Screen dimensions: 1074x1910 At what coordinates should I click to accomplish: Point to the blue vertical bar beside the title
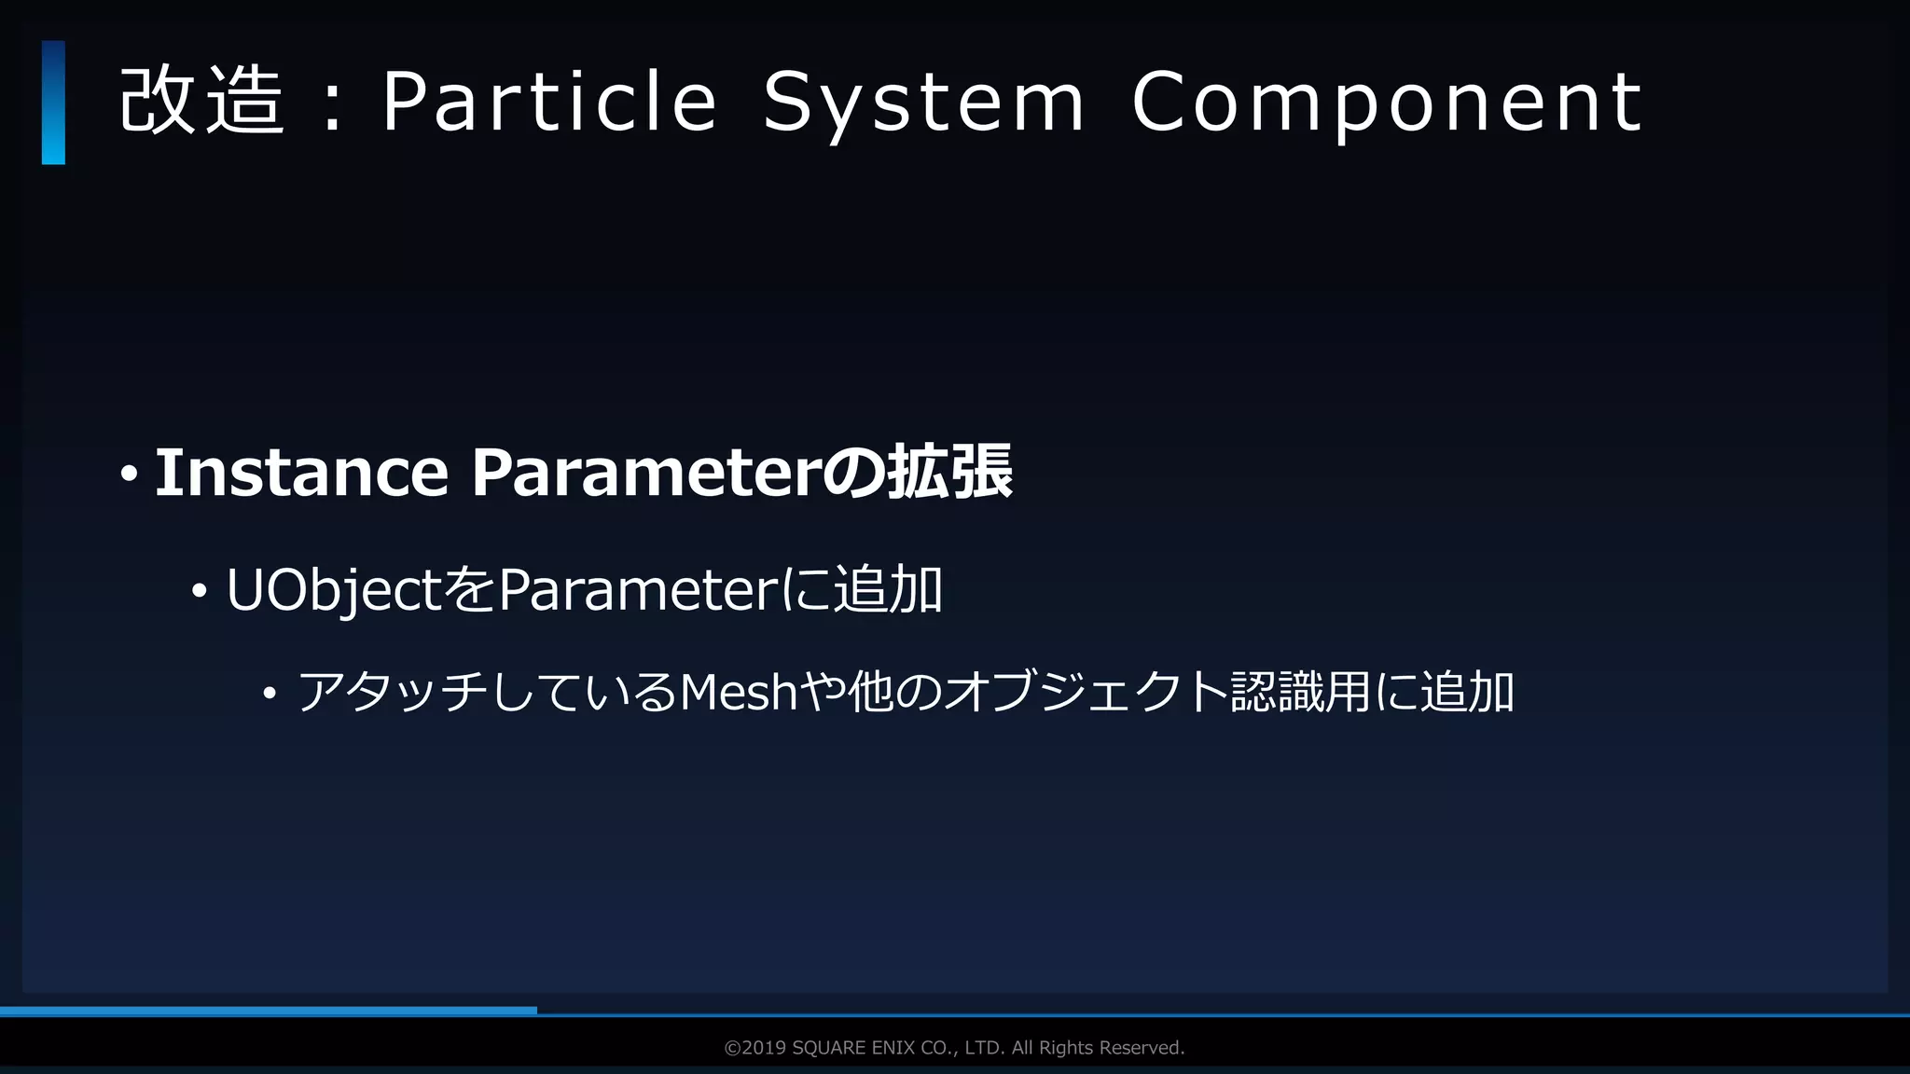point(53,103)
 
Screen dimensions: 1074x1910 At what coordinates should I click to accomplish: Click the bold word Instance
point(301,473)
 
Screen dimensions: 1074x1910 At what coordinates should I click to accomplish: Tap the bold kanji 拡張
point(949,473)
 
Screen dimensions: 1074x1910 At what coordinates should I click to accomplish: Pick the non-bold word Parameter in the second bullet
point(637,590)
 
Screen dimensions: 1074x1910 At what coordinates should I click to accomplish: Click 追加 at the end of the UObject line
point(888,590)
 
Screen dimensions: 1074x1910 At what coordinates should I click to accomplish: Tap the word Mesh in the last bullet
point(739,693)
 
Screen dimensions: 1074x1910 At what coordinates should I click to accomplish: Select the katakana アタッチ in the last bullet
point(392,693)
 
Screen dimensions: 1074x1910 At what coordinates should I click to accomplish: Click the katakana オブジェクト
point(1086,693)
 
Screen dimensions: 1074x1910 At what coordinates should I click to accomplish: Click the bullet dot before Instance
point(129,475)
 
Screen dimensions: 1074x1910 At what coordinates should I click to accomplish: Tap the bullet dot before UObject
point(199,591)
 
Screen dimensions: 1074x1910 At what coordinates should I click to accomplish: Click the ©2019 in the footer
point(754,1048)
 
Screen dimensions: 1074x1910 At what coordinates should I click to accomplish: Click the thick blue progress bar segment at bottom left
point(269,1011)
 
